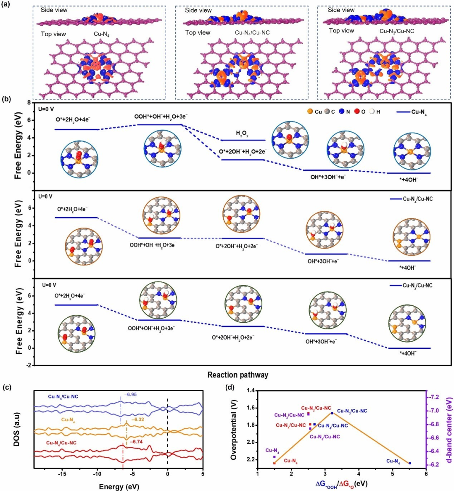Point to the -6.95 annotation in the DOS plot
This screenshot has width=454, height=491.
point(131,395)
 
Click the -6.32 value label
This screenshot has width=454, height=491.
point(138,419)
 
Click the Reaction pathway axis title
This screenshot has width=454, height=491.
point(238,374)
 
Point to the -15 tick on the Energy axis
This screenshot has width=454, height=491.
point(62,474)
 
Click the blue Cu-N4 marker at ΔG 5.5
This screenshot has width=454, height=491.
point(409,463)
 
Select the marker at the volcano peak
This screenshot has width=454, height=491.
point(332,413)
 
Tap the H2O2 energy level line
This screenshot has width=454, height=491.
point(243,140)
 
